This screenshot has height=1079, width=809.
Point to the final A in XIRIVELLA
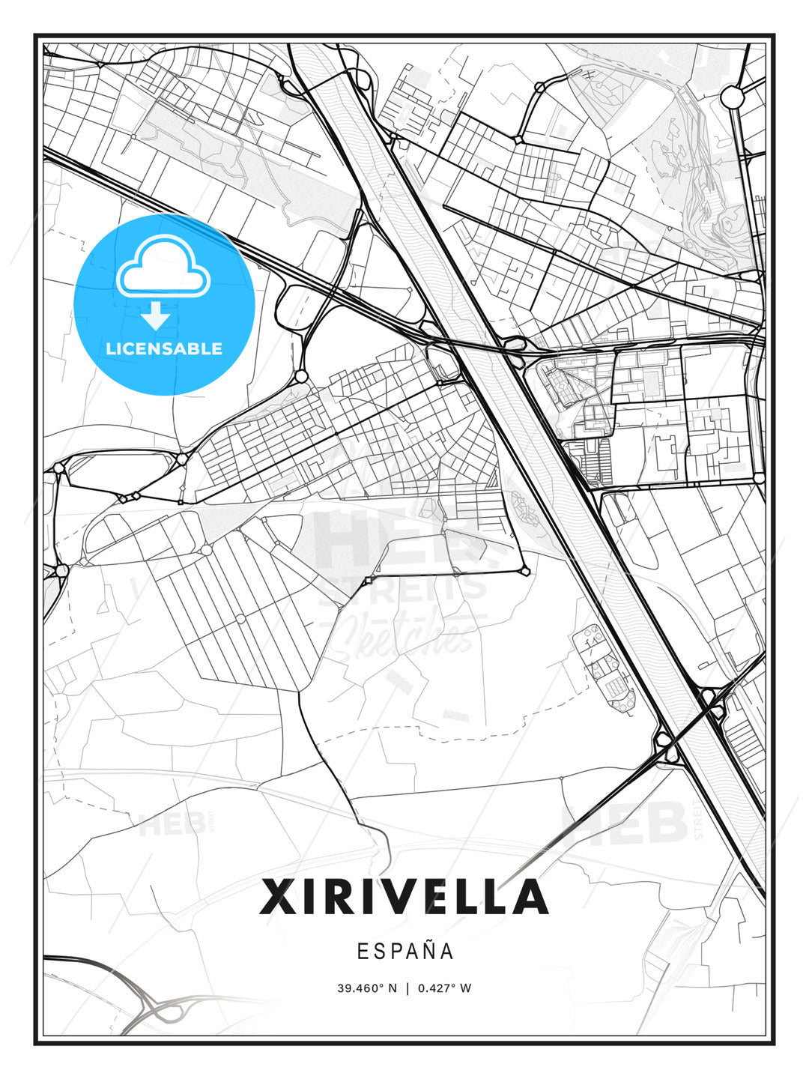tap(530, 897)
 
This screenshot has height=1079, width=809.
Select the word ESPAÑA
tap(404, 951)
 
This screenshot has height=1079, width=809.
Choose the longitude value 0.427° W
tap(444, 988)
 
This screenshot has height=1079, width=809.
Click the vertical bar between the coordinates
tap(407, 988)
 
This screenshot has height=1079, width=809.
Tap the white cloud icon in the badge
tap(163, 267)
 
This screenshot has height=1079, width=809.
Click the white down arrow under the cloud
tap(157, 315)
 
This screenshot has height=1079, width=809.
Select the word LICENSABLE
tap(164, 348)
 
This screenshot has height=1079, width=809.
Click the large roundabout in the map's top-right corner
tap(731, 96)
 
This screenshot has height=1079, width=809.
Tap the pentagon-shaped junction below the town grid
tap(525, 571)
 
